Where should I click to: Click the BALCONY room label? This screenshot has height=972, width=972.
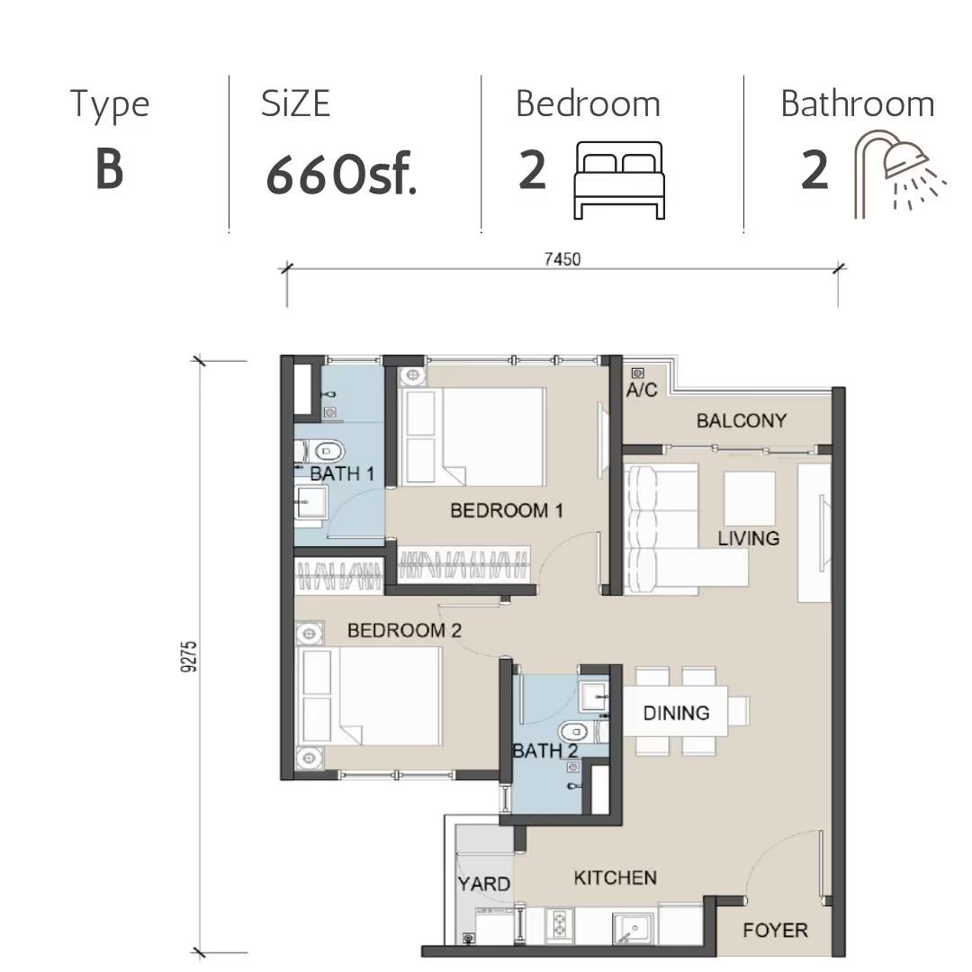pyautogui.click(x=742, y=421)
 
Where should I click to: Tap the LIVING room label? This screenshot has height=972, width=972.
pyautogui.click(x=748, y=538)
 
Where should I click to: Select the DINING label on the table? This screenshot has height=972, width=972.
pyautogui.click(x=676, y=713)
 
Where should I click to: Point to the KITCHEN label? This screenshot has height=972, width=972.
pyautogui.click(x=615, y=877)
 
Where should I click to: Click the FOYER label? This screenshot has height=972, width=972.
pyautogui.click(x=776, y=930)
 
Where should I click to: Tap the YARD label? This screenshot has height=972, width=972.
pyautogui.click(x=483, y=884)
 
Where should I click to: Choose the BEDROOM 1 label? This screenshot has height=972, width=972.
pyautogui.click(x=507, y=511)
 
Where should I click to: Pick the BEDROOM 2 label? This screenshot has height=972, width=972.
pyautogui.click(x=404, y=630)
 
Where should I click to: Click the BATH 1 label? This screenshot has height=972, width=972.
pyautogui.click(x=342, y=474)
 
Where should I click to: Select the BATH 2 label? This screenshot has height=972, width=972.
pyautogui.click(x=544, y=751)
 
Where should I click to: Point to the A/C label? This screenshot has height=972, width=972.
pyautogui.click(x=642, y=390)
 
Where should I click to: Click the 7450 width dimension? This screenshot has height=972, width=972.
pyautogui.click(x=562, y=259)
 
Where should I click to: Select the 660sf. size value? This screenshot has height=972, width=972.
pyautogui.click(x=342, y=175)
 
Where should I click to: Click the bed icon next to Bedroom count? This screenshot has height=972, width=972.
pyautogui.click(x=619, y=180)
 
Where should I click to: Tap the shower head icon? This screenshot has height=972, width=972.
pyautogui.click(x=900, y=174)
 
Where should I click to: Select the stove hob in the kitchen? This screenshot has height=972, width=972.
pyautogui.click(x=560, y=926)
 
